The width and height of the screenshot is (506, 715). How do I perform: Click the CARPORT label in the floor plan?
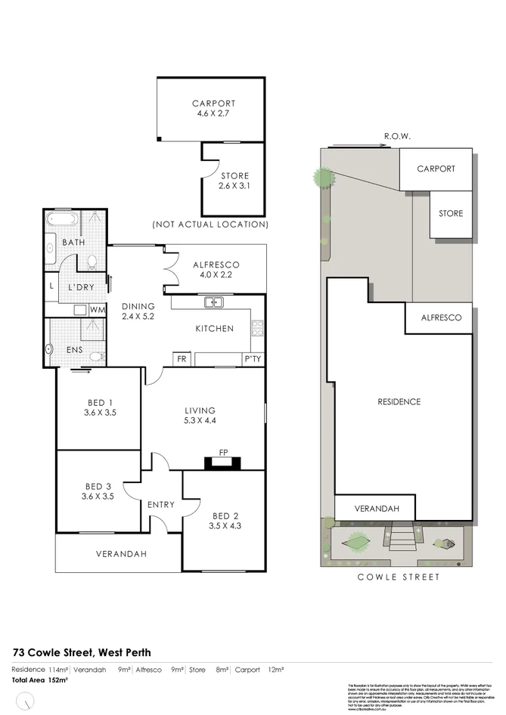tap(213, 104)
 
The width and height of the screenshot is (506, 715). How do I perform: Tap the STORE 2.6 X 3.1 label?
tap(234, 176)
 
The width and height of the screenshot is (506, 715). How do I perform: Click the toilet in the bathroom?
tap(92, 262)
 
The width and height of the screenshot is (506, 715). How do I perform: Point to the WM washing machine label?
tap(98, 310)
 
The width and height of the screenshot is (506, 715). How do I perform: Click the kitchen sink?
tap(214, 302)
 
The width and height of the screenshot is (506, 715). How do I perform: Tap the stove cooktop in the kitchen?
tap(257, 327)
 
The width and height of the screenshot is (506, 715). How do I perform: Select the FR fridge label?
tap(182, 359)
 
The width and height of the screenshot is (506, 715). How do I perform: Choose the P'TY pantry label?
tap(252, 359)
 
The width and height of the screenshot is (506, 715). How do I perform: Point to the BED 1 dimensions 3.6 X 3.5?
tap(99, 413)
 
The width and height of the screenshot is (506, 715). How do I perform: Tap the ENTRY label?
tap(161, 505)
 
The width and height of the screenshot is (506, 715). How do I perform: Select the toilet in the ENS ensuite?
tap(95, 356)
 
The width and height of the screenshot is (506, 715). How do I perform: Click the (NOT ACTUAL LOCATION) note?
tap(210, 224)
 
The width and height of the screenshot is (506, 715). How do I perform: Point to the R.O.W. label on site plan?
tap(396, 137)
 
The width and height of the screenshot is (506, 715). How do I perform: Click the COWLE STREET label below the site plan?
tap(399, 577)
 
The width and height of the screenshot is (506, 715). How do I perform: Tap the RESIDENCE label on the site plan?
tap(399, 401)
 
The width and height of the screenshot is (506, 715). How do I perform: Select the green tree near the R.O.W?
tap(324, 178)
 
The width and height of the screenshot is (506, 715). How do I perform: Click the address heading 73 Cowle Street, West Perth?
tap(82, 652)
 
